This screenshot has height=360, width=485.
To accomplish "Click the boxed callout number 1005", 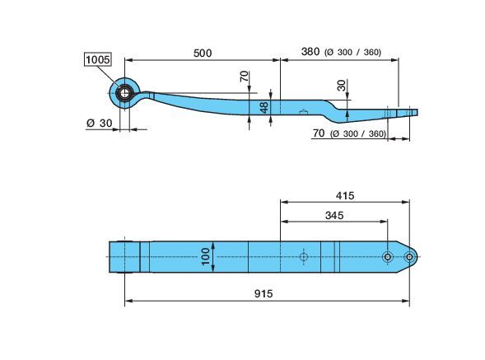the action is coord(97,59).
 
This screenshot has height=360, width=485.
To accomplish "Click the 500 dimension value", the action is coord(203,53).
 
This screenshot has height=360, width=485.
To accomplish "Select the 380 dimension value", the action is coord(310,51).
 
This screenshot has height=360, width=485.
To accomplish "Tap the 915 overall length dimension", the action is coord(263,293).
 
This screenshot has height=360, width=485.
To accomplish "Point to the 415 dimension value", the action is coord(345,195).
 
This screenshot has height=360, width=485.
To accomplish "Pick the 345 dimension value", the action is coord(334,215).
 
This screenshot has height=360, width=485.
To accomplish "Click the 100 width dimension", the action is coord(205,256).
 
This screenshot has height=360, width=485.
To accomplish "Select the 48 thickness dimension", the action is coord(264,107).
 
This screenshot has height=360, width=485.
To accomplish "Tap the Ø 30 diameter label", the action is coord(100,124).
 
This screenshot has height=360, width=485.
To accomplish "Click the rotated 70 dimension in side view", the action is coord(245,76).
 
